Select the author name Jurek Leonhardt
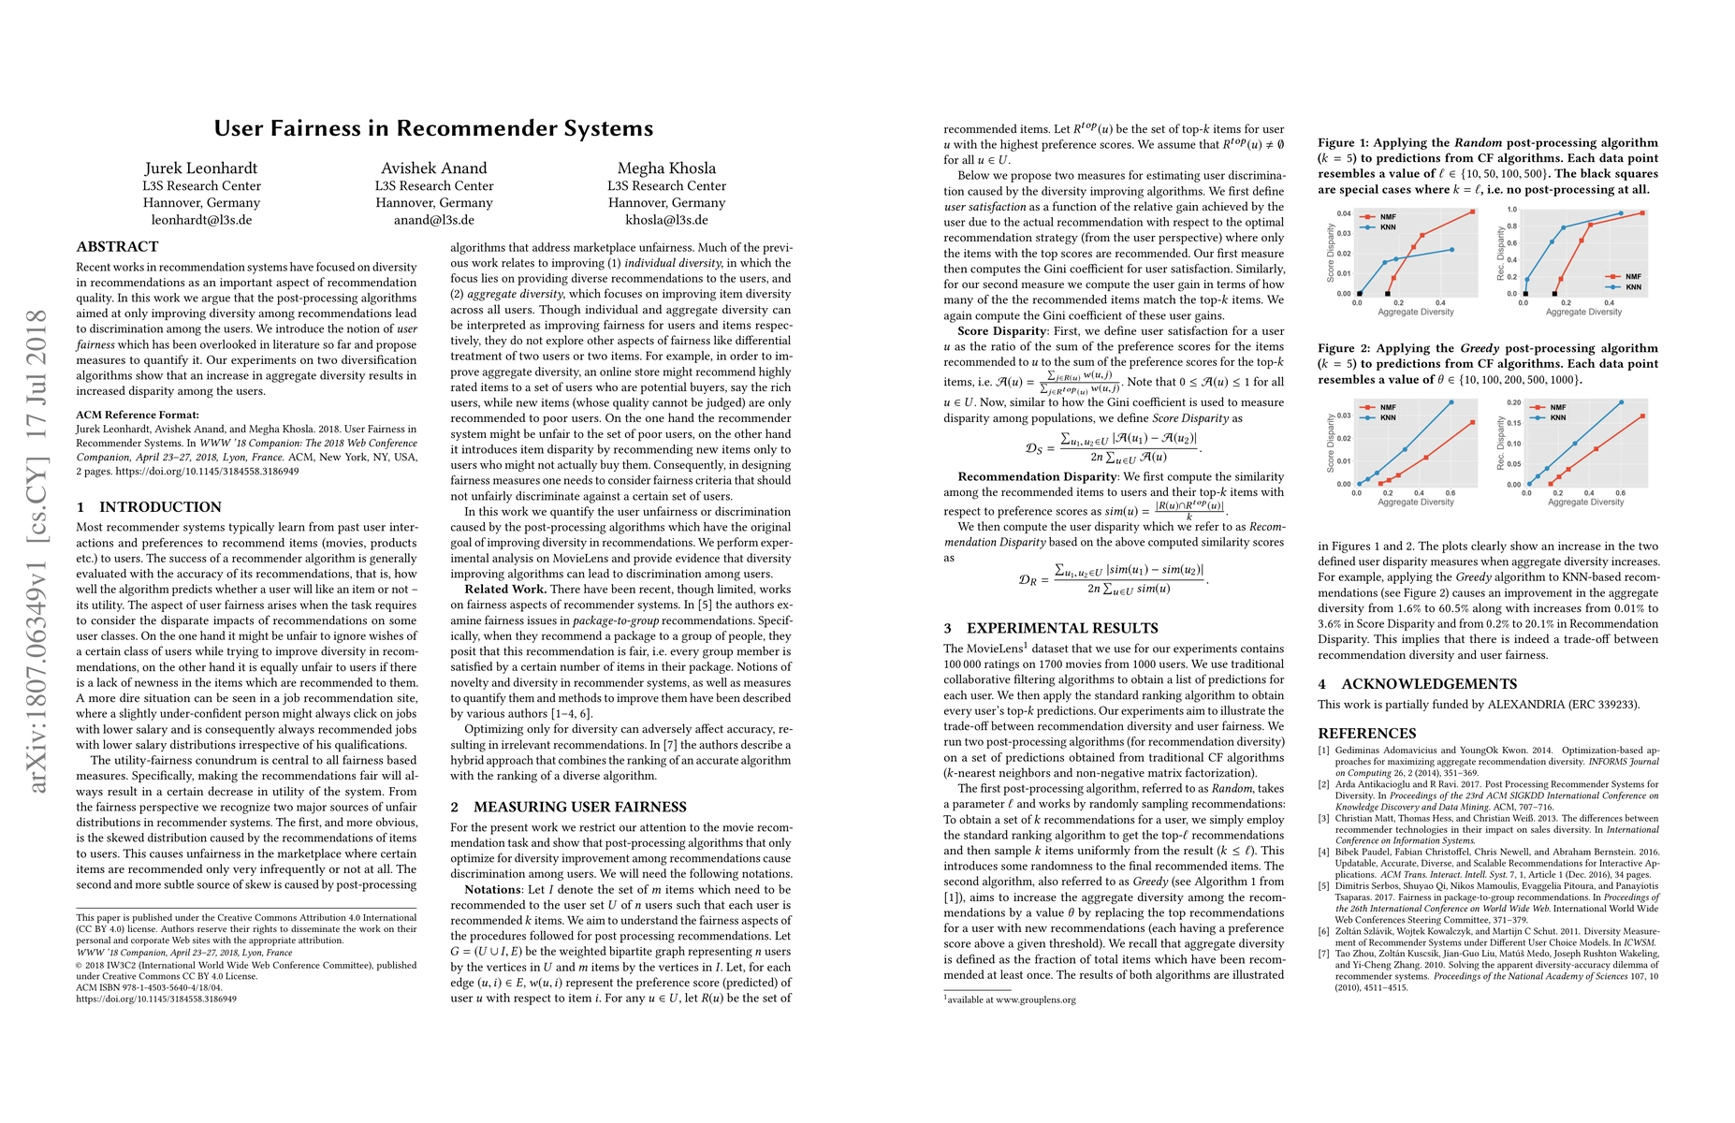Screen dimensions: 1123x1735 tap(201, 168)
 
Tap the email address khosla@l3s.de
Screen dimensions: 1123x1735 tap(666, 220)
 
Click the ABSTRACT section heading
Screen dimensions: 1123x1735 tap(118, 247)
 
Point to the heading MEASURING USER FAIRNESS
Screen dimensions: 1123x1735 tap(579, 807)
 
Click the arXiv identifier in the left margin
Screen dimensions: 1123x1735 tap(38, 551)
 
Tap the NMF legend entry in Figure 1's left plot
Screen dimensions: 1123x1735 tap(1387, 217)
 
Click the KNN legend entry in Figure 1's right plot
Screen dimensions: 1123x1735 tap(1633, 286)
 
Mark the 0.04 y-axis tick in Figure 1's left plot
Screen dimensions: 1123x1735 tap(1344, 213)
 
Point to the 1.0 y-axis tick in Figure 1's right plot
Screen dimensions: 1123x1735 tap(1511, 211)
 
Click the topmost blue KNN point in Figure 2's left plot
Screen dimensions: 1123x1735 tap(1451, 402)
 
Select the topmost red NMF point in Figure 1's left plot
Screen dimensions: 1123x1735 tap(1472, 211)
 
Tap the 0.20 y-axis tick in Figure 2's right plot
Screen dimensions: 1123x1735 tap(1514, 403)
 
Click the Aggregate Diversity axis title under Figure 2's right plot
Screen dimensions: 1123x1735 tap(1585, 503)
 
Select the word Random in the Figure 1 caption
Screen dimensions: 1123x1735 tap(1478, 143)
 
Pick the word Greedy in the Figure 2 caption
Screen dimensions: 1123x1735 tap(1480, 348)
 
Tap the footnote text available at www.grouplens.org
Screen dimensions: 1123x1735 tap(1010, 999)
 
